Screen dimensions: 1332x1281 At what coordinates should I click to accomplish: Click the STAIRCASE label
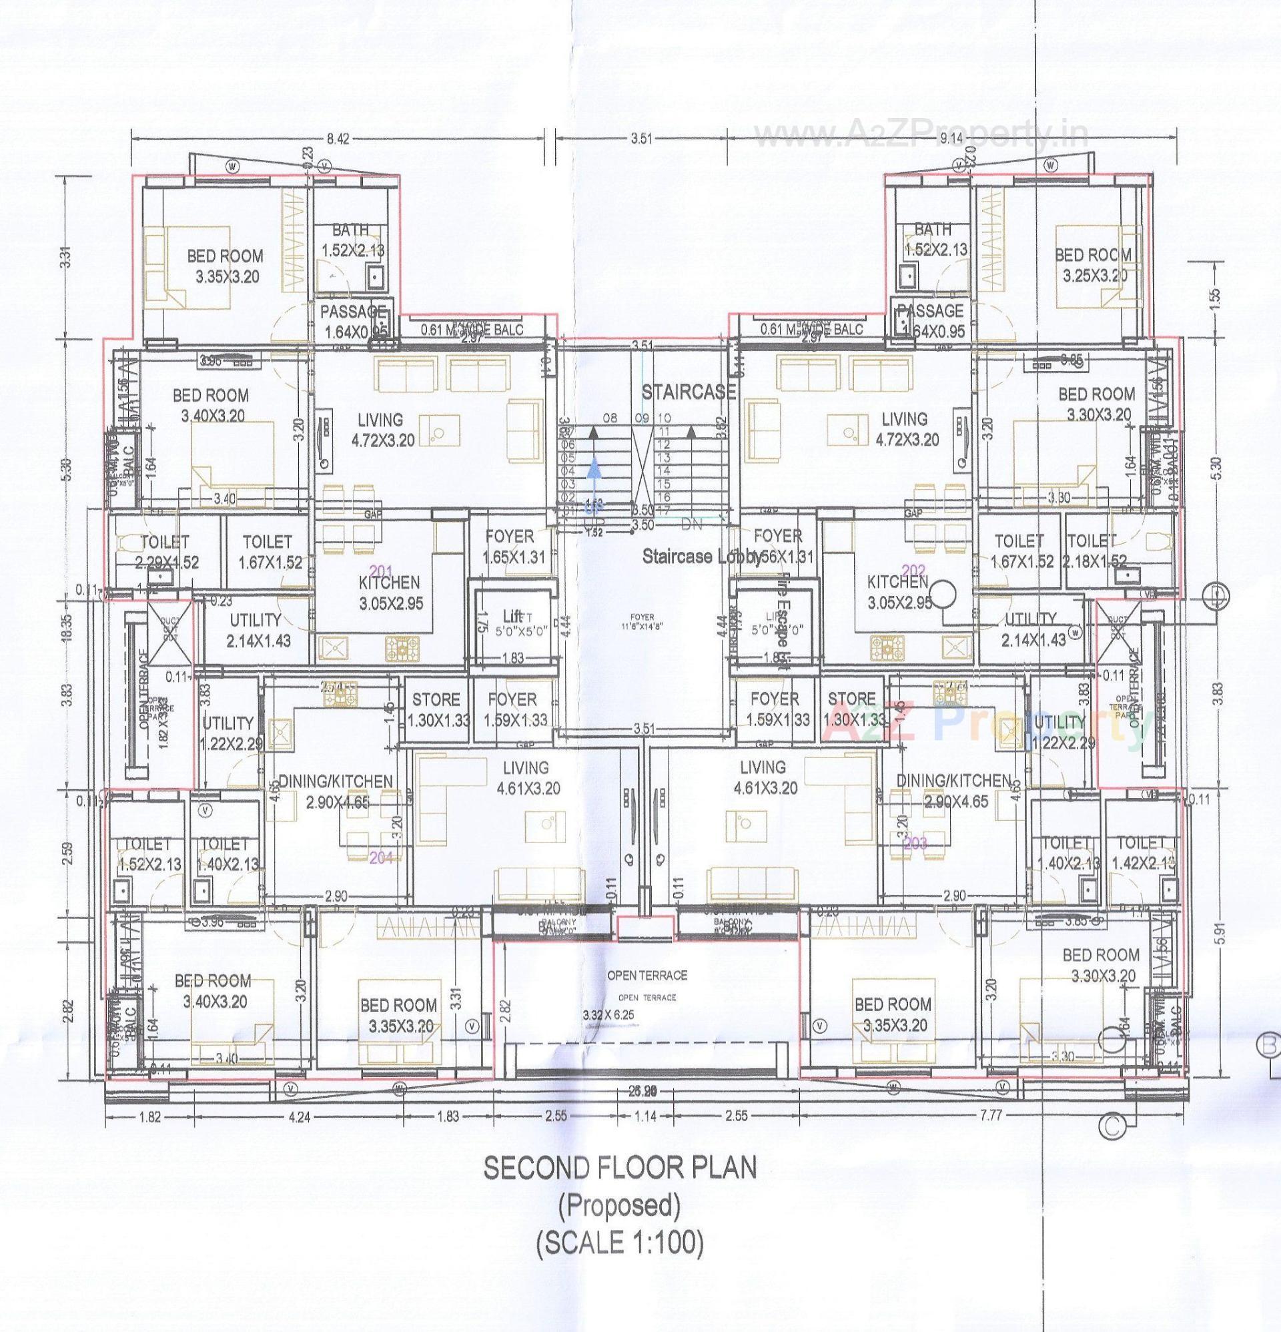click(x=689, y=392)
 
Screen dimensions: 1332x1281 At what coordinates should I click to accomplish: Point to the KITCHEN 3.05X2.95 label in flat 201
click(x=390, y=592)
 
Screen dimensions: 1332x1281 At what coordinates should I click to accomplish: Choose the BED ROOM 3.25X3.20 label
click(x=1092, y=265)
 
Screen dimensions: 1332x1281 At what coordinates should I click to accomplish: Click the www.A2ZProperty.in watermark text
click(x=921, y=138)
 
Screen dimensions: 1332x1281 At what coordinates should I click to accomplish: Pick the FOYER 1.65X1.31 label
click(x=509, y=547)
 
